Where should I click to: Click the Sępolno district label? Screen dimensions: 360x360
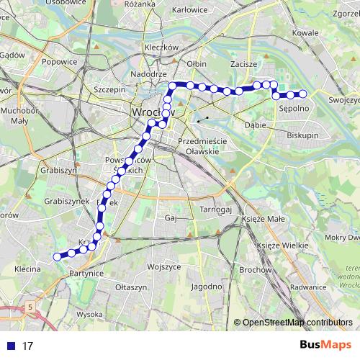[294, 109]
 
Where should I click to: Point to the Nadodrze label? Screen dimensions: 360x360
[150, 75]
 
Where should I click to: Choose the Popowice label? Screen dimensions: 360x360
[60, 63]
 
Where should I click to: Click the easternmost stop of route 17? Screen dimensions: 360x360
[303, 94]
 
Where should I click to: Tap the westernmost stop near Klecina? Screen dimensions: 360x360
[56, 256]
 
